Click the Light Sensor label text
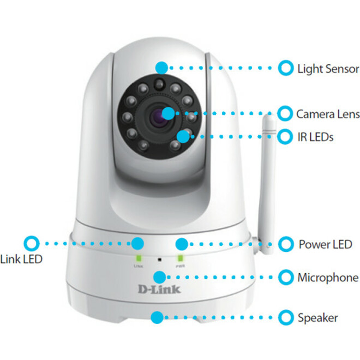[328, 69]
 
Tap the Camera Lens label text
[328, 114]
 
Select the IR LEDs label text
[315, 137]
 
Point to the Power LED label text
[325, 244]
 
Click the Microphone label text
[328, 278]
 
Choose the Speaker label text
[317, 317]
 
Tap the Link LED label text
[22, 259]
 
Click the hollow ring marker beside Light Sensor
[285, 68]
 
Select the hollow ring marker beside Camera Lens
[285, 113]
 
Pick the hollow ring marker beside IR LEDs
[285, 136]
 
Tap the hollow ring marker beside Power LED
[285, 243]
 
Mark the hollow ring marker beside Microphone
[285, 277]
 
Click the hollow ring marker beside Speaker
[285, 317]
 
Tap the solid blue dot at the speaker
[157, 316]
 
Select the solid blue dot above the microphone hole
[159, 277]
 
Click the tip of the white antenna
[268, 116]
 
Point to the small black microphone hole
[158, 261]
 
